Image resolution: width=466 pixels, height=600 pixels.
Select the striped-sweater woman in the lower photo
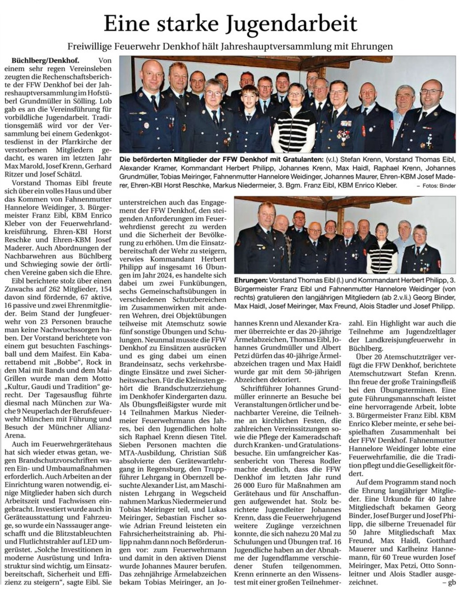[381, 253]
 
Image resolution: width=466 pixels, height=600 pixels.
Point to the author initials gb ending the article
[451, 582]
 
